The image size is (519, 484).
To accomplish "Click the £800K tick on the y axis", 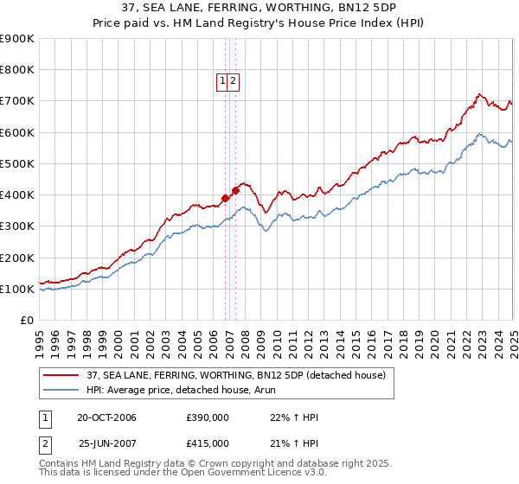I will (x=17, y=70).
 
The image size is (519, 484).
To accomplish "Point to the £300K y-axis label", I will (x=17, y=226).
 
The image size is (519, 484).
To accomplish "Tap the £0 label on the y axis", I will (x=26, y=321).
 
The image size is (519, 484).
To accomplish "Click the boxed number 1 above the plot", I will (x=223, y=81).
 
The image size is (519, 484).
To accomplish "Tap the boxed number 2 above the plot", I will (x=234, y=81).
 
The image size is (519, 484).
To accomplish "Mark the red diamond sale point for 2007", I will (x=236, y=190).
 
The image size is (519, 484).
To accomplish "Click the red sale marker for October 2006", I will (x=225, y=198).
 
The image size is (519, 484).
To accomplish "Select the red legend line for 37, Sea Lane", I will (x=61, y=375).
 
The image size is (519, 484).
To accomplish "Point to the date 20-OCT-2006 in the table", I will (x=106, y=418).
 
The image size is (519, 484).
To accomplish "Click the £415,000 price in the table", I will (x=208, y=443).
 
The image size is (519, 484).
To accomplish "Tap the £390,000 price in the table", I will (x=208, y=418).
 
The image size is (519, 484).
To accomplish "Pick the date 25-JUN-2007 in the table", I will (x=108, y=443).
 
